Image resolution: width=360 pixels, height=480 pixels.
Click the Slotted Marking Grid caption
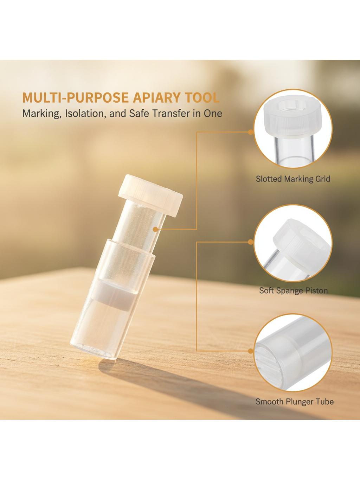click(293, 179)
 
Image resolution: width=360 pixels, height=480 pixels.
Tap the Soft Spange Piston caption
click(293, 290)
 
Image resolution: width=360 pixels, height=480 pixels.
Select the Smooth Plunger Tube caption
click(294, 402)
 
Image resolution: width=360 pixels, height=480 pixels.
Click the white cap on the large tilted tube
click(150, 195)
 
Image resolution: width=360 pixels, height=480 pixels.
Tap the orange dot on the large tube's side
click(155, 229)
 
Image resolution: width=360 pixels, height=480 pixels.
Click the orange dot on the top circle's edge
click(251, 132)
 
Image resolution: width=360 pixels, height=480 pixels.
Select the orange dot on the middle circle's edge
click(251, 242)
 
